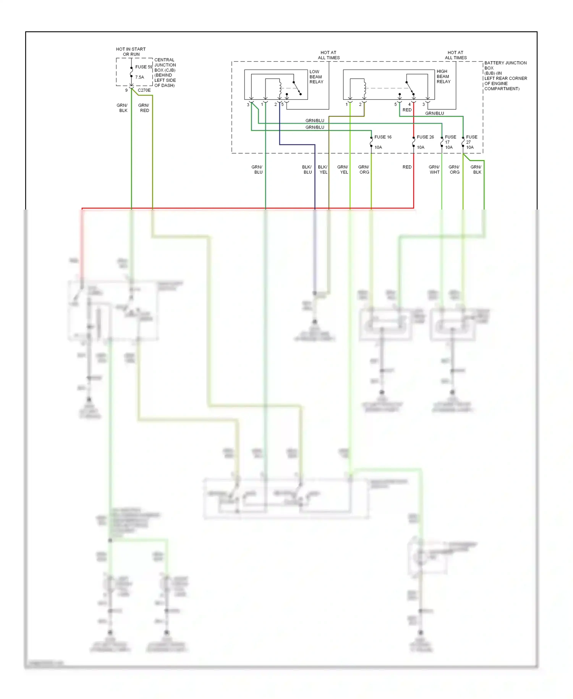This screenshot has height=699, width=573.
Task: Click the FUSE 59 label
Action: pyautogui.click(x=144, y=67)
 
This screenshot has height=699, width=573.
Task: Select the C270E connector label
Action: pyautogui.click(x=144, y=91)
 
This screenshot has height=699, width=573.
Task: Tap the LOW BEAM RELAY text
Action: pyautogui.click(x=316, y=77)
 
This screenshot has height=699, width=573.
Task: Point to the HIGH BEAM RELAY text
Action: pyautogui.click(x=443, y=76)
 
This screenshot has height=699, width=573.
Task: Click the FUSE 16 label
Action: pyautogui.click(x=383, y=137)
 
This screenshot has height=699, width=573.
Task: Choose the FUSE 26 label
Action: pyautogui.click(x=425, y=137)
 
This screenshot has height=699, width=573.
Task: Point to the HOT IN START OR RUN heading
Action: pyautogui.click(x=131, y=52)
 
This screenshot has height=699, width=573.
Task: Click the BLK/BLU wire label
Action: pyautogui.click(x=307, y=170)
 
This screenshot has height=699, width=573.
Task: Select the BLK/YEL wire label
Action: pyautogui.click(x=323, y=170)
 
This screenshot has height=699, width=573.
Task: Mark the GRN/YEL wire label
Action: pyautogui.click(x=343, y=170)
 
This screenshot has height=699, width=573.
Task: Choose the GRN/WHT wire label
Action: pyautogui.click(x=434, y=170)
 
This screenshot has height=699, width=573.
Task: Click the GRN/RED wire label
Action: pyautogui.click(x=144, y=108)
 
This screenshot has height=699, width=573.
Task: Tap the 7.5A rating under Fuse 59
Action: pyautogui.click(x=139, y=77)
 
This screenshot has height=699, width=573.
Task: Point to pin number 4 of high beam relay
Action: pyautogui.click(x=410, y=104)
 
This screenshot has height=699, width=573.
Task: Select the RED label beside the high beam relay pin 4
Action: pyautogui.click(x=407, y=110)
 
